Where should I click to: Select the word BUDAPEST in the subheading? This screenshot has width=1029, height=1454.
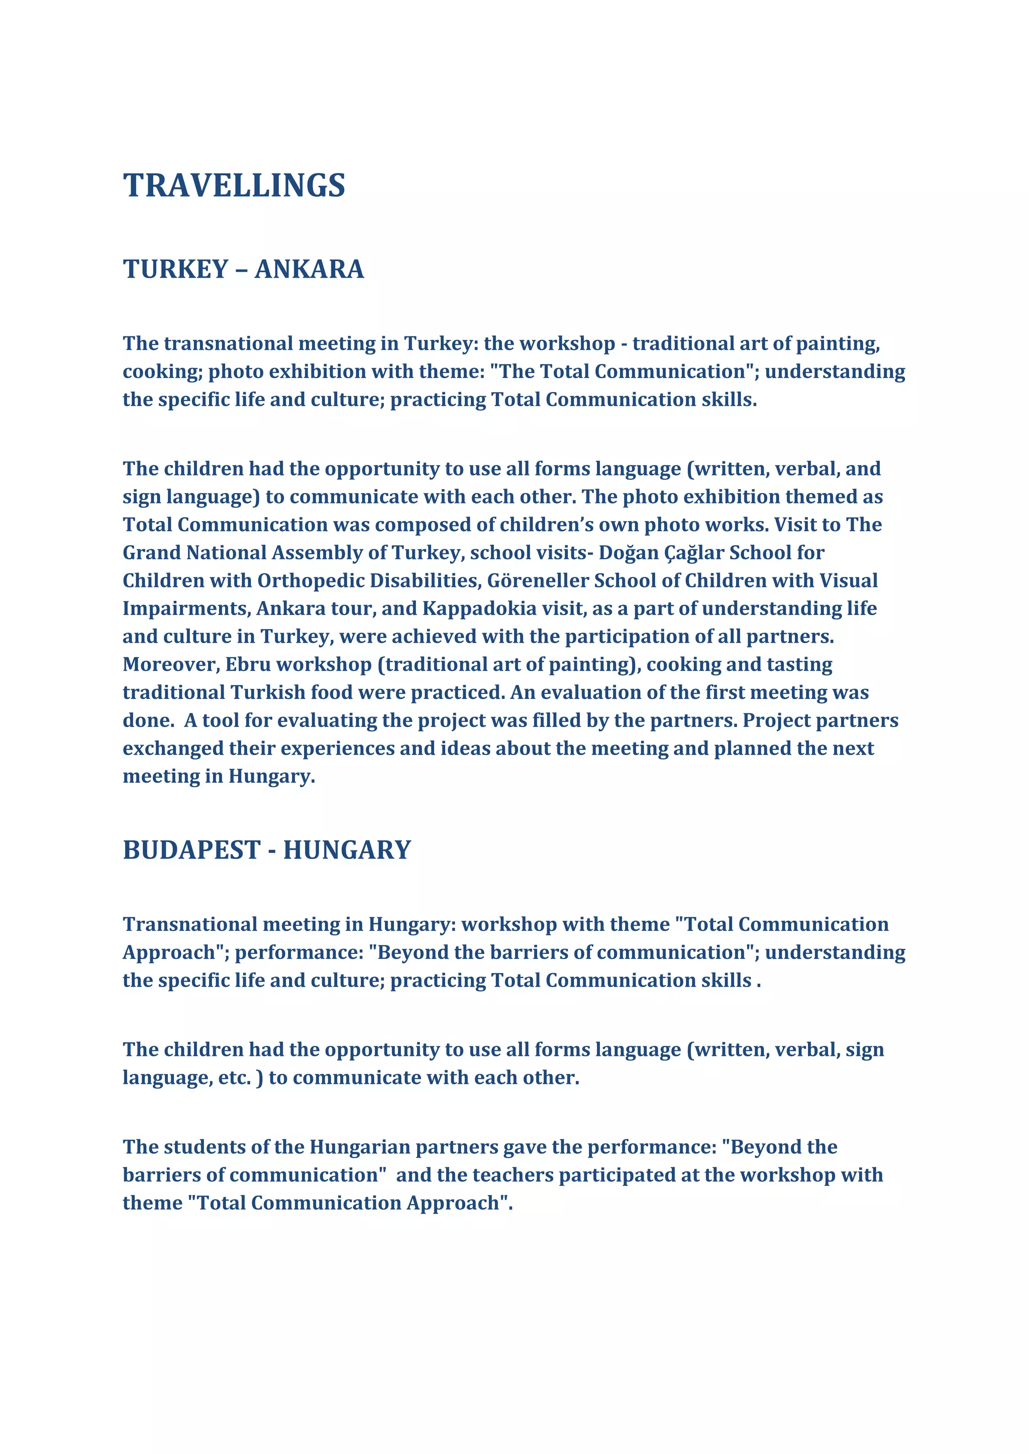191,850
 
